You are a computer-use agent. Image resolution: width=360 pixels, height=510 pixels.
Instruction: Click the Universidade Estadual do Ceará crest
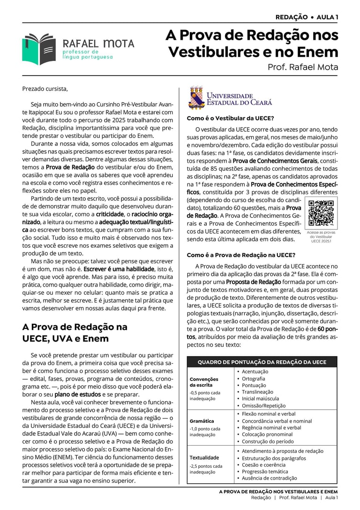tap(196, 97)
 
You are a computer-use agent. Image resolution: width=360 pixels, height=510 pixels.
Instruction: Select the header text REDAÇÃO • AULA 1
tap(307, 17)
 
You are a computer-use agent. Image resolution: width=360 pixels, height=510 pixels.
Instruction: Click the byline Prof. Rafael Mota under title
tap(302, 67)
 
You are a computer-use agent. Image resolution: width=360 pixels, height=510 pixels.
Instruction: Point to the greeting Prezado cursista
tap(45, 89)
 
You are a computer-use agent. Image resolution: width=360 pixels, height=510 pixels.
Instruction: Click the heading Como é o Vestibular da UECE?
tap(230, 118)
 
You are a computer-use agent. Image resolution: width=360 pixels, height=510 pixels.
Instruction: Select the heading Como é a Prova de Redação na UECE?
tap(241, 255)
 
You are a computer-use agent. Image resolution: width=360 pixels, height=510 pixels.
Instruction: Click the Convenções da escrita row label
tap(204, 382)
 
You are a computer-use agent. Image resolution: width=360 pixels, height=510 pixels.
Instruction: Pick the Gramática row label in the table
tap(202, 421)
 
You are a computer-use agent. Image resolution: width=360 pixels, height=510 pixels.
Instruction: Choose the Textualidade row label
tap(204, 457)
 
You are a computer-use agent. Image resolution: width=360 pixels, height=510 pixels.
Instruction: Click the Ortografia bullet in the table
tap(253, 378)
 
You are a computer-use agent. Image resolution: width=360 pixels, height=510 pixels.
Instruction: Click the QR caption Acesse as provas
tap(321, 233)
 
